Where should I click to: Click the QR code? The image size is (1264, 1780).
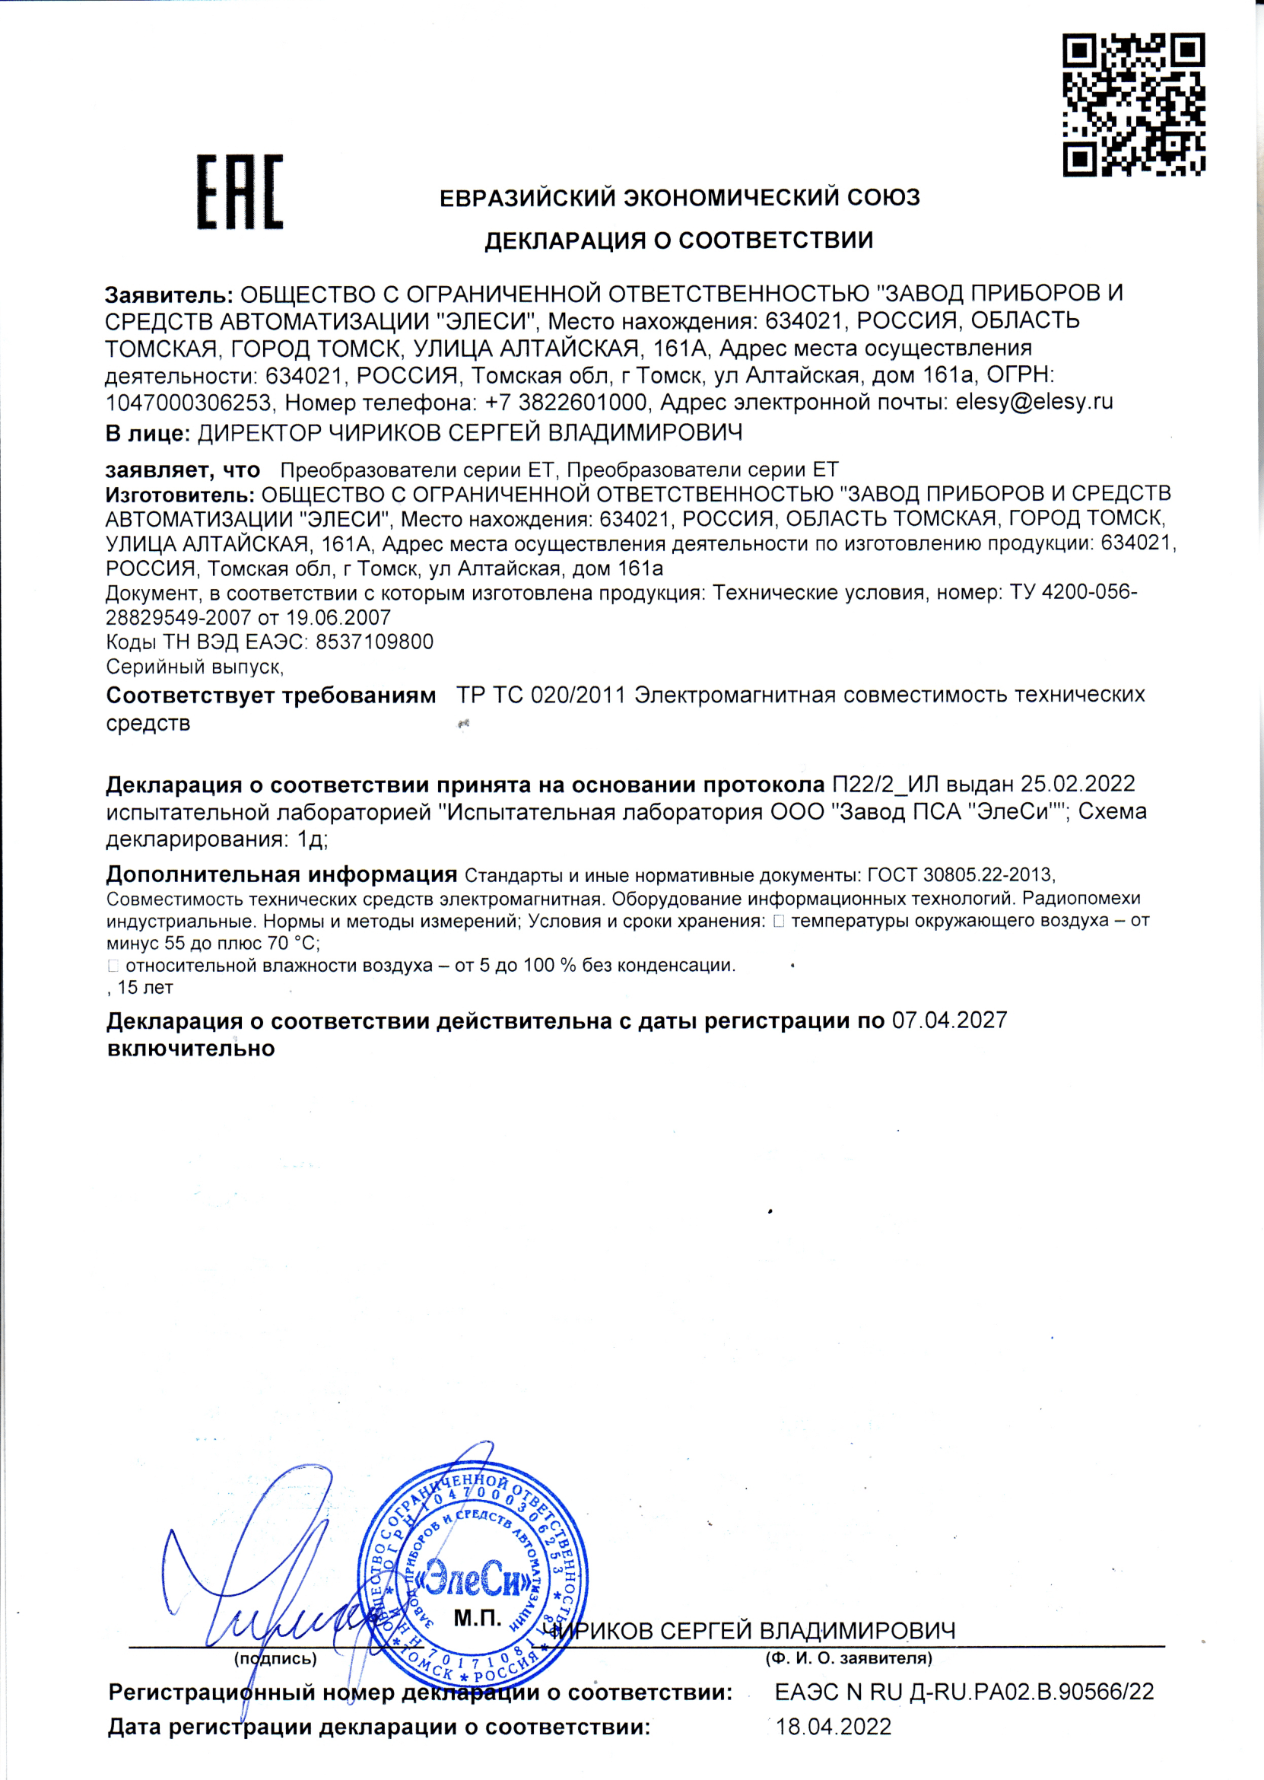click(x=1133, y=105)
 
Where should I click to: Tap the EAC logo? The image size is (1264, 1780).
click(x=240, y=192)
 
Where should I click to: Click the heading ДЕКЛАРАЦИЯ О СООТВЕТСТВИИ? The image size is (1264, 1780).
click(x=678, y=240)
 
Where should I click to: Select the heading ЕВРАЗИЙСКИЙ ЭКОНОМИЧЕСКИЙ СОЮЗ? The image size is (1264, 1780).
click(x=679, y=198)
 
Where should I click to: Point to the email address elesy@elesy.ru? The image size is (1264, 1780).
click(x=1034, y=403)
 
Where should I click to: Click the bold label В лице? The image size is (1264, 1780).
click(x=148, y=433)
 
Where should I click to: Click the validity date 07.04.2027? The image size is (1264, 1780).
click(x=950, y=1020)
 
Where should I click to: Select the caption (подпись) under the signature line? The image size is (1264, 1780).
click(x=275, y=1659)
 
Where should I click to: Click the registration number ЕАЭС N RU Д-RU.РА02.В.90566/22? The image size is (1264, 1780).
click(x=964, y=1692)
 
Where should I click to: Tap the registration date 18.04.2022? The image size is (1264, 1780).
click(x=834, y=1727)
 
